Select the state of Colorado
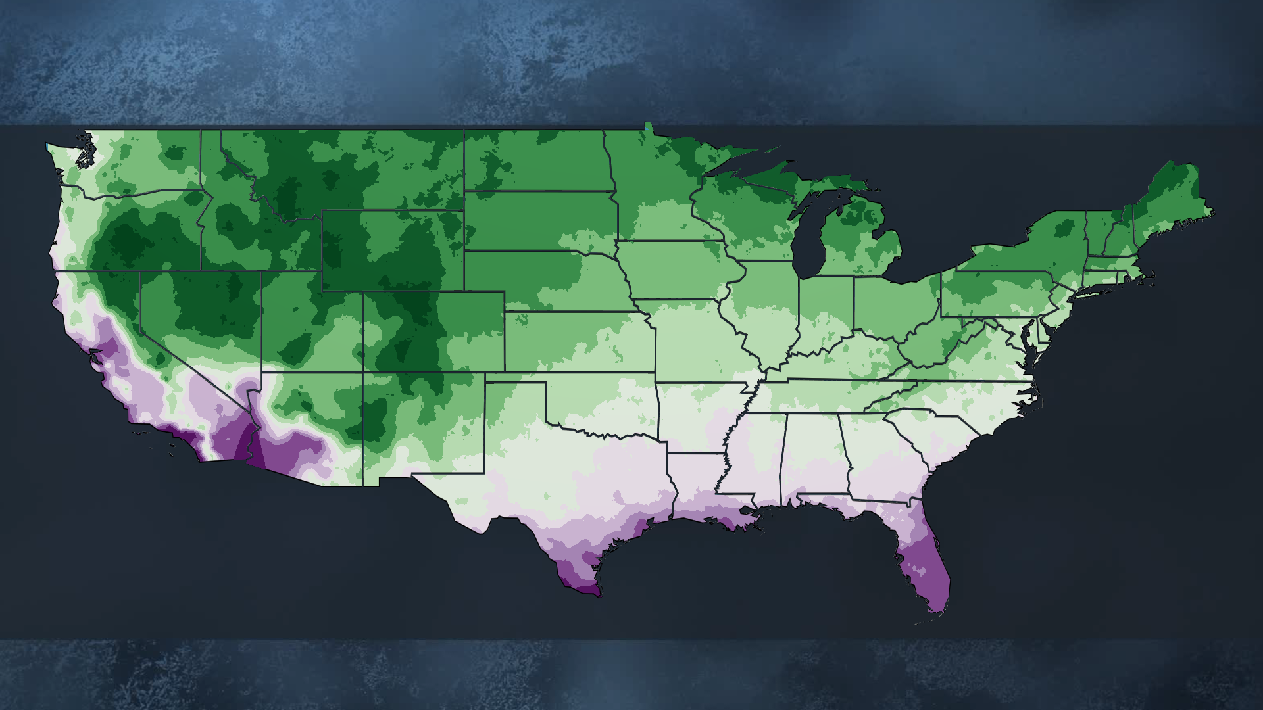(434, 332)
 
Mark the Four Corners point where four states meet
(362, 372)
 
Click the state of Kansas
(579, 342)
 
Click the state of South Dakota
(539, 220)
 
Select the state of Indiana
(826, 309)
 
